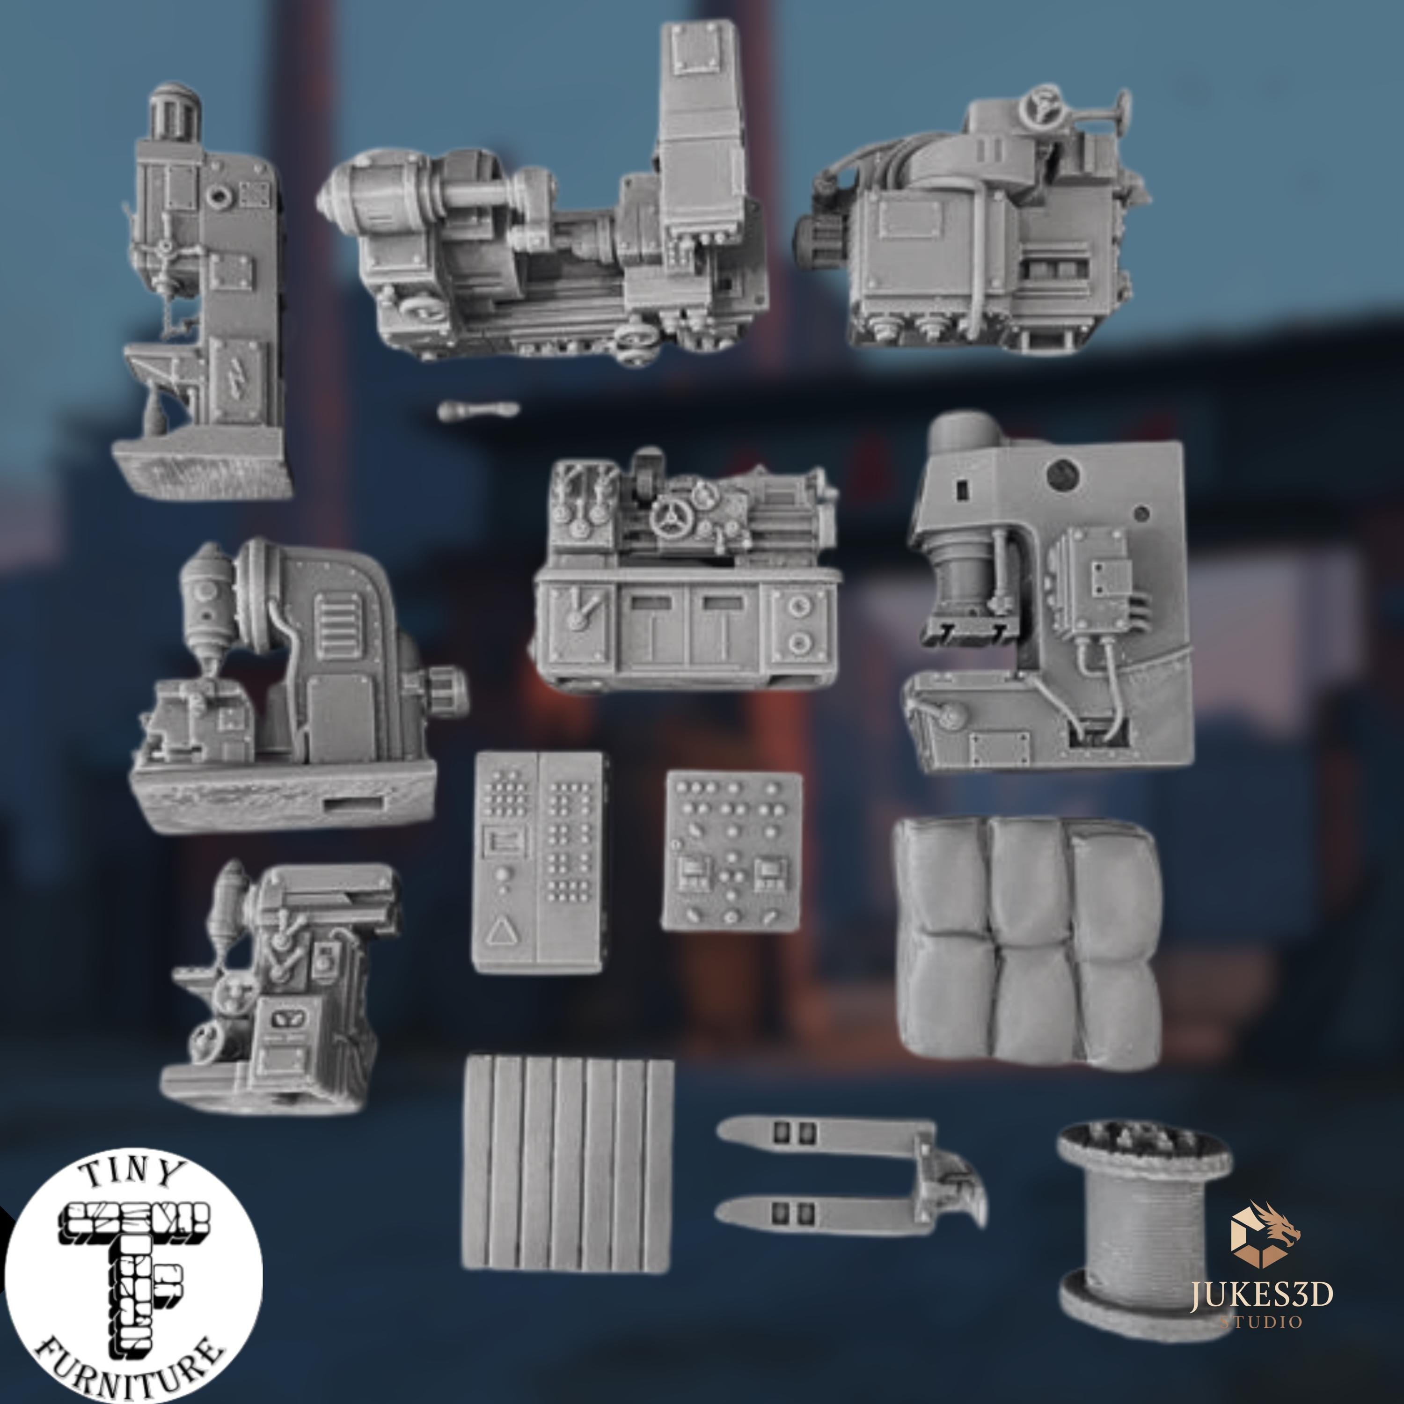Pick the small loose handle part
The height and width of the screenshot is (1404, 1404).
click(x=479, y=410)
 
